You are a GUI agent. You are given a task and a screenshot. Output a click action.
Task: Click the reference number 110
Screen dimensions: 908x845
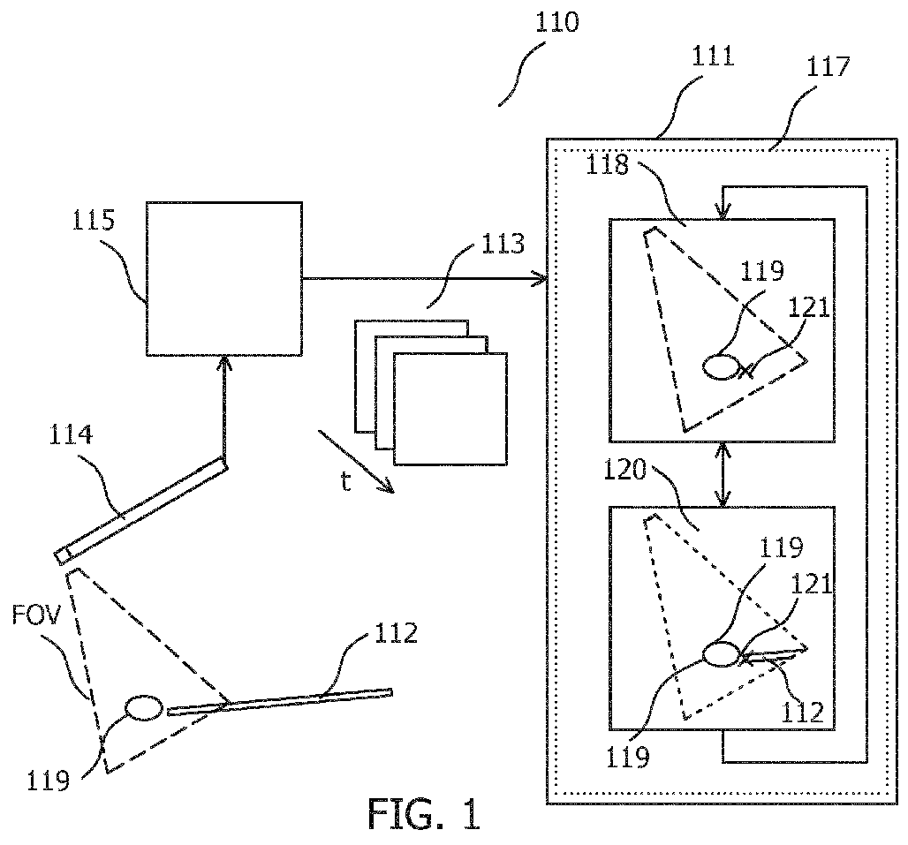556,23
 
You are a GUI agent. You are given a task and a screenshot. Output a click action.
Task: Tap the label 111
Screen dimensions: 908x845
713,57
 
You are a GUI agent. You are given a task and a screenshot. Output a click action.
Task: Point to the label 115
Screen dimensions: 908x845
94,221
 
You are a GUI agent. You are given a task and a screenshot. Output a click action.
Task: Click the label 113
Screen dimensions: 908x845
503,245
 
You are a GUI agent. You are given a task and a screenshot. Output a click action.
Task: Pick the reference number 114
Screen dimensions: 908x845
71,434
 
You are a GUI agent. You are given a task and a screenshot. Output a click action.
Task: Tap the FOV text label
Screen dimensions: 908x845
36,616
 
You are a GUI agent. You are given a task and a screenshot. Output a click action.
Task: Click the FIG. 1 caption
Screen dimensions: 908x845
425,814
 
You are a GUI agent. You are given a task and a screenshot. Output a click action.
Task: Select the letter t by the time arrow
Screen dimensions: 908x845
345,481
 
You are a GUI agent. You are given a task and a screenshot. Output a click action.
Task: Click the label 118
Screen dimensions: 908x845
608,165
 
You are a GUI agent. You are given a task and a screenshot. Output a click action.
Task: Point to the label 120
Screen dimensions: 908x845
624,470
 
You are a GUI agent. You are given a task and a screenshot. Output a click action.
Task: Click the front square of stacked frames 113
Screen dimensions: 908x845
450,409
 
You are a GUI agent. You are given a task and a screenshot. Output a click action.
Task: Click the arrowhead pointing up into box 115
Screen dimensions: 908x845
224,362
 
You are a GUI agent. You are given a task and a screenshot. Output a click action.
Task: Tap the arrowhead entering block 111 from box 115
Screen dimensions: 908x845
541,279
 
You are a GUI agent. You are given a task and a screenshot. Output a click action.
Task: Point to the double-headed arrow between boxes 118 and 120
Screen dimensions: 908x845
723,474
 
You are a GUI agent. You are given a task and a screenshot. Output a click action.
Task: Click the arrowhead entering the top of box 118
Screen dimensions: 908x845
723,213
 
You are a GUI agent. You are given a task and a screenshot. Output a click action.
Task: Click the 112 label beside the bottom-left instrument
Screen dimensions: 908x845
396,634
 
